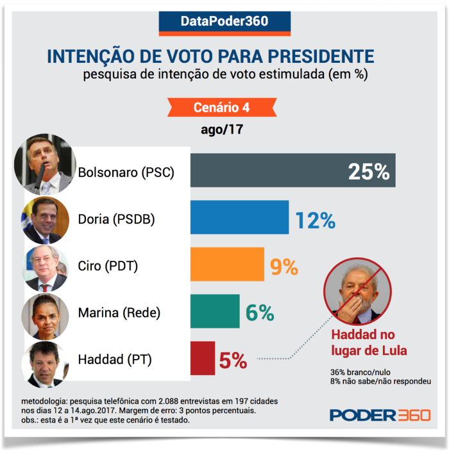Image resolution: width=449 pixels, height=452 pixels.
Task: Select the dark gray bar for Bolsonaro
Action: pyautogui.click(x=292, y=171)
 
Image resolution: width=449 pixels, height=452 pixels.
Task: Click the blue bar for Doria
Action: pyautogui.click(x=239, y=218)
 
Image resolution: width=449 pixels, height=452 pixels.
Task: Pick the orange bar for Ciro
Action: pyautogui.click(x=227, y=265)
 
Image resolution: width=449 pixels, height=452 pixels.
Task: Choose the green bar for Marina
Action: pyautogui.click(x=215, y=312)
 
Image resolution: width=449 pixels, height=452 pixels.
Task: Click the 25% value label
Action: pyautogui.click(x=368, y=172)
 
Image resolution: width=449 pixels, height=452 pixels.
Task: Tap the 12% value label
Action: pyautogui.click(x=315, y=220)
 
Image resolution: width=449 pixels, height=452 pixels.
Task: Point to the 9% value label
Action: pyautogui.click(x=284, y=267)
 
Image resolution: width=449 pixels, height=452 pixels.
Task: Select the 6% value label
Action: pyautogui.click(x=260, y=313)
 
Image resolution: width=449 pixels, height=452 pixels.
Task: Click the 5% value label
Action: pyautogui.click(x=233, y=360)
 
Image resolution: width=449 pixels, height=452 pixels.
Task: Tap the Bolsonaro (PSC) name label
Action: pyautogui.click(x=126, y=172)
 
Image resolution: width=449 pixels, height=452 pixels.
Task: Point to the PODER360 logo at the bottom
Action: pyautogui.click(x=380, y=414)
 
